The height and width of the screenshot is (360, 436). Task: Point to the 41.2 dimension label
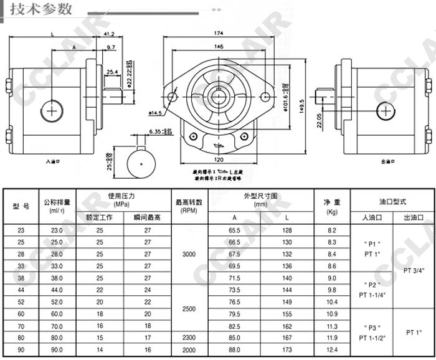109,34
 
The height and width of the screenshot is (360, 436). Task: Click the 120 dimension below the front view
218,159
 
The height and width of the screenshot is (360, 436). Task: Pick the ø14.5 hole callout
156,112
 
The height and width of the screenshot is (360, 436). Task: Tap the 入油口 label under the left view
52,161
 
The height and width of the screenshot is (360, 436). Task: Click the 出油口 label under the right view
388,161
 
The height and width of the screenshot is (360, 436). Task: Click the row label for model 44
22,290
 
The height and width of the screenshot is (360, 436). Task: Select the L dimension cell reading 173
287,349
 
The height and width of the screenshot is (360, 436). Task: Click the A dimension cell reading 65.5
234,230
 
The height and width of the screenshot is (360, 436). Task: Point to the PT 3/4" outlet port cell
413,270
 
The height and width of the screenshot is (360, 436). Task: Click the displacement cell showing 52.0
57,301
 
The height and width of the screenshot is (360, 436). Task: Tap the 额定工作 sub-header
100,218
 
